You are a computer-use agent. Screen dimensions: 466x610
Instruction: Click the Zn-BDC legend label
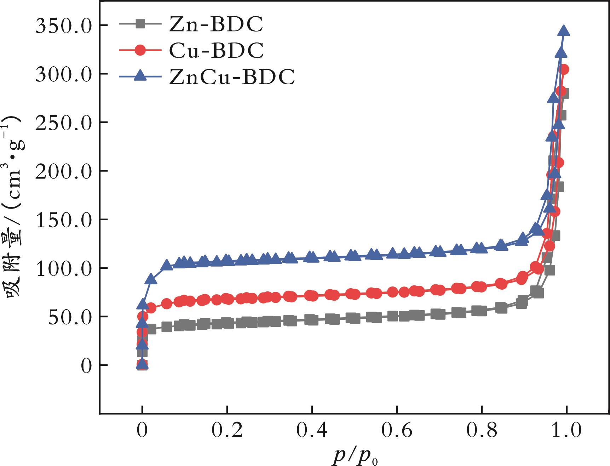tap(216, 24)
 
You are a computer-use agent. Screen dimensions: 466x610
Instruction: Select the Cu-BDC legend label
tap(216, 50)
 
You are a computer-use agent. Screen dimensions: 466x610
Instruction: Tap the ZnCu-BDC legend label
tap(232, 76)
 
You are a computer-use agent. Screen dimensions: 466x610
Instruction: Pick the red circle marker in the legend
tap(140, 50)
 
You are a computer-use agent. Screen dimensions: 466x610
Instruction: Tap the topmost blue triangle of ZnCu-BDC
tap(564, 31)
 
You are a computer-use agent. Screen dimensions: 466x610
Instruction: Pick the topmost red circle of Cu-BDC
tap(564, 69)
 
